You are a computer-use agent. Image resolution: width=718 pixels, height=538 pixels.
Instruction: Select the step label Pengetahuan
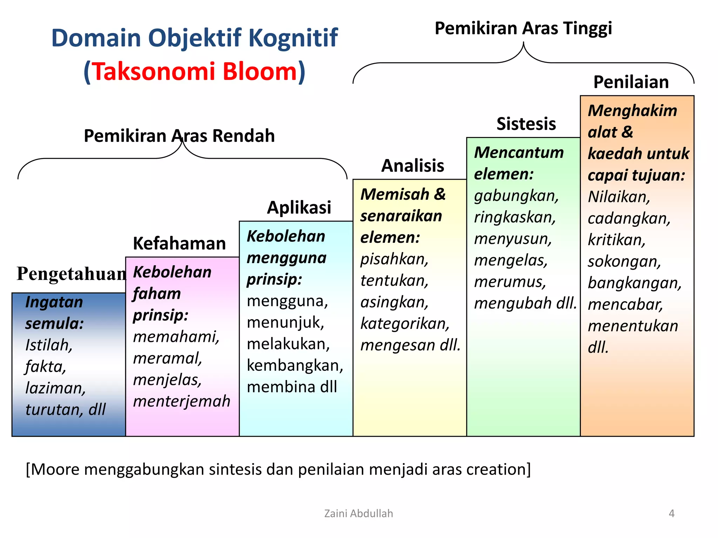tap(72, 274)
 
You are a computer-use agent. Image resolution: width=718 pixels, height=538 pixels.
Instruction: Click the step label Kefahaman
tap(179, 243)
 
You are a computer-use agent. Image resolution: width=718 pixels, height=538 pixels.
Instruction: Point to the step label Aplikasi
tap(299, 207)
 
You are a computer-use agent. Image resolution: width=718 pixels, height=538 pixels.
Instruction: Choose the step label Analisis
tap(413, 166)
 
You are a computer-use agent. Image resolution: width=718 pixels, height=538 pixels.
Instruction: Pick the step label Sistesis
tap(526, 124)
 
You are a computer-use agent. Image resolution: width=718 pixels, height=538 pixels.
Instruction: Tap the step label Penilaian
tap(631, 82)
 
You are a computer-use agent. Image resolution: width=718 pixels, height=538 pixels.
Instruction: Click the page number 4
tap(671, 513)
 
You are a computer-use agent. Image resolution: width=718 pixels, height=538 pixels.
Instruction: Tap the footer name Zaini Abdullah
tap(358, 513)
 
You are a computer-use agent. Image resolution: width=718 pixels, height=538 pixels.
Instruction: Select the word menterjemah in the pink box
tap(182, 401)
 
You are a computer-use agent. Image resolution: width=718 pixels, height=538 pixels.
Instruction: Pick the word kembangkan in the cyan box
tap(294, 366)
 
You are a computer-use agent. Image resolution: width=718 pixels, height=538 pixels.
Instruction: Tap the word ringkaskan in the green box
tap(515, 218)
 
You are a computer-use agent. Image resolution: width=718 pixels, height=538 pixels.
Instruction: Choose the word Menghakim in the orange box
tap(632, 111)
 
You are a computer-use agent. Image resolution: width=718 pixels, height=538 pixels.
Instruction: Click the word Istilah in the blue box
tap(49, 345)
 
